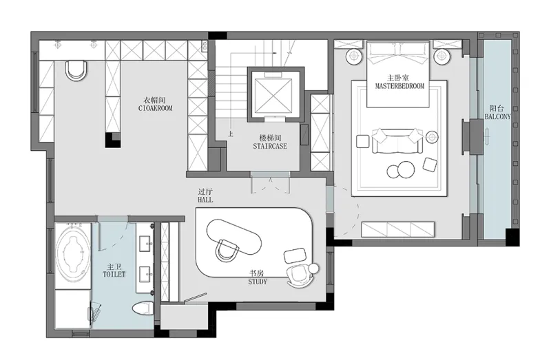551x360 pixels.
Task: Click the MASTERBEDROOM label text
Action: pyautogui.click(x=400, y=86)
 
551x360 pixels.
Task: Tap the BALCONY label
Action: pyautogui.click(x=497, y=116)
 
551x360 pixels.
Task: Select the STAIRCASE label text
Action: pyautogui.click(x=270, y=146)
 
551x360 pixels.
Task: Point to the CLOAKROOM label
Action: pyautogui.click(x=156, y=108)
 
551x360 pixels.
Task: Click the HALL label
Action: pyautogui.click(x=205, y=200)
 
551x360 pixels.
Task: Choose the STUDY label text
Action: pyautogui.click(x=258, y=282)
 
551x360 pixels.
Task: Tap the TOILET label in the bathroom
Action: pyautogui.click(x=114, y=274)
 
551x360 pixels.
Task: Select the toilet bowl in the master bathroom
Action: pyautogui.click(x=143, y=308)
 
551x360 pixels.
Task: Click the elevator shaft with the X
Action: pyautogui.click(x=273, y=95)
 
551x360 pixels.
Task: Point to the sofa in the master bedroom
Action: pyautogui.click(x=397, y=141)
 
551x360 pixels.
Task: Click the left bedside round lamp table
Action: pyautogui.click(x=353, y=56)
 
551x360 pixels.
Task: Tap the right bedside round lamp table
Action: pyautogui.click(x=441, y=56)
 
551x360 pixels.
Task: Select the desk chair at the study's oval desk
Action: pyautogui.click(x=227, y=250)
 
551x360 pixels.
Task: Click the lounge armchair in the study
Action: pyautogui.click(x=299, y=276)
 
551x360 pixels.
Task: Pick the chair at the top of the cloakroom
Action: pyautogui.click(x=76, y=71)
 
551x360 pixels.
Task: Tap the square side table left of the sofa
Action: pyautogui.click(x=363, y=142)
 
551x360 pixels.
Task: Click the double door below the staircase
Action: pyautogui.click(x=271, y=183)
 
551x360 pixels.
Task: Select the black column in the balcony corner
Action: pyautogui.click(x=512, y=237)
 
